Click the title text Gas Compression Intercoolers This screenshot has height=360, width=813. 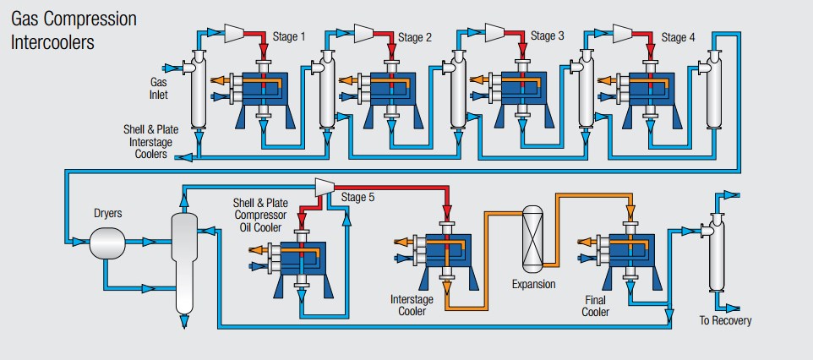click(x=74, y=30)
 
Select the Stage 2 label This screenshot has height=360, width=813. click(x=415, y=37)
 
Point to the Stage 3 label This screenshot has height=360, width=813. click(x=548, y=36)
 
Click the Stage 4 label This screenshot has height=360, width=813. click(x=679, y=37)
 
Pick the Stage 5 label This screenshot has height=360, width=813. click(x=358, y=198)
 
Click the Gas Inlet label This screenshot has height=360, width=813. click(x=159, y=89)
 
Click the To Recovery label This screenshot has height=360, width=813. click(x=724, y=321)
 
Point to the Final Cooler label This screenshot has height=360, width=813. click(x=595, y=306)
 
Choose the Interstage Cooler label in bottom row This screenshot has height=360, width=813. click(x=412, y=305)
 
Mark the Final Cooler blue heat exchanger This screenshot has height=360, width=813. click(x=625, y=250)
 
